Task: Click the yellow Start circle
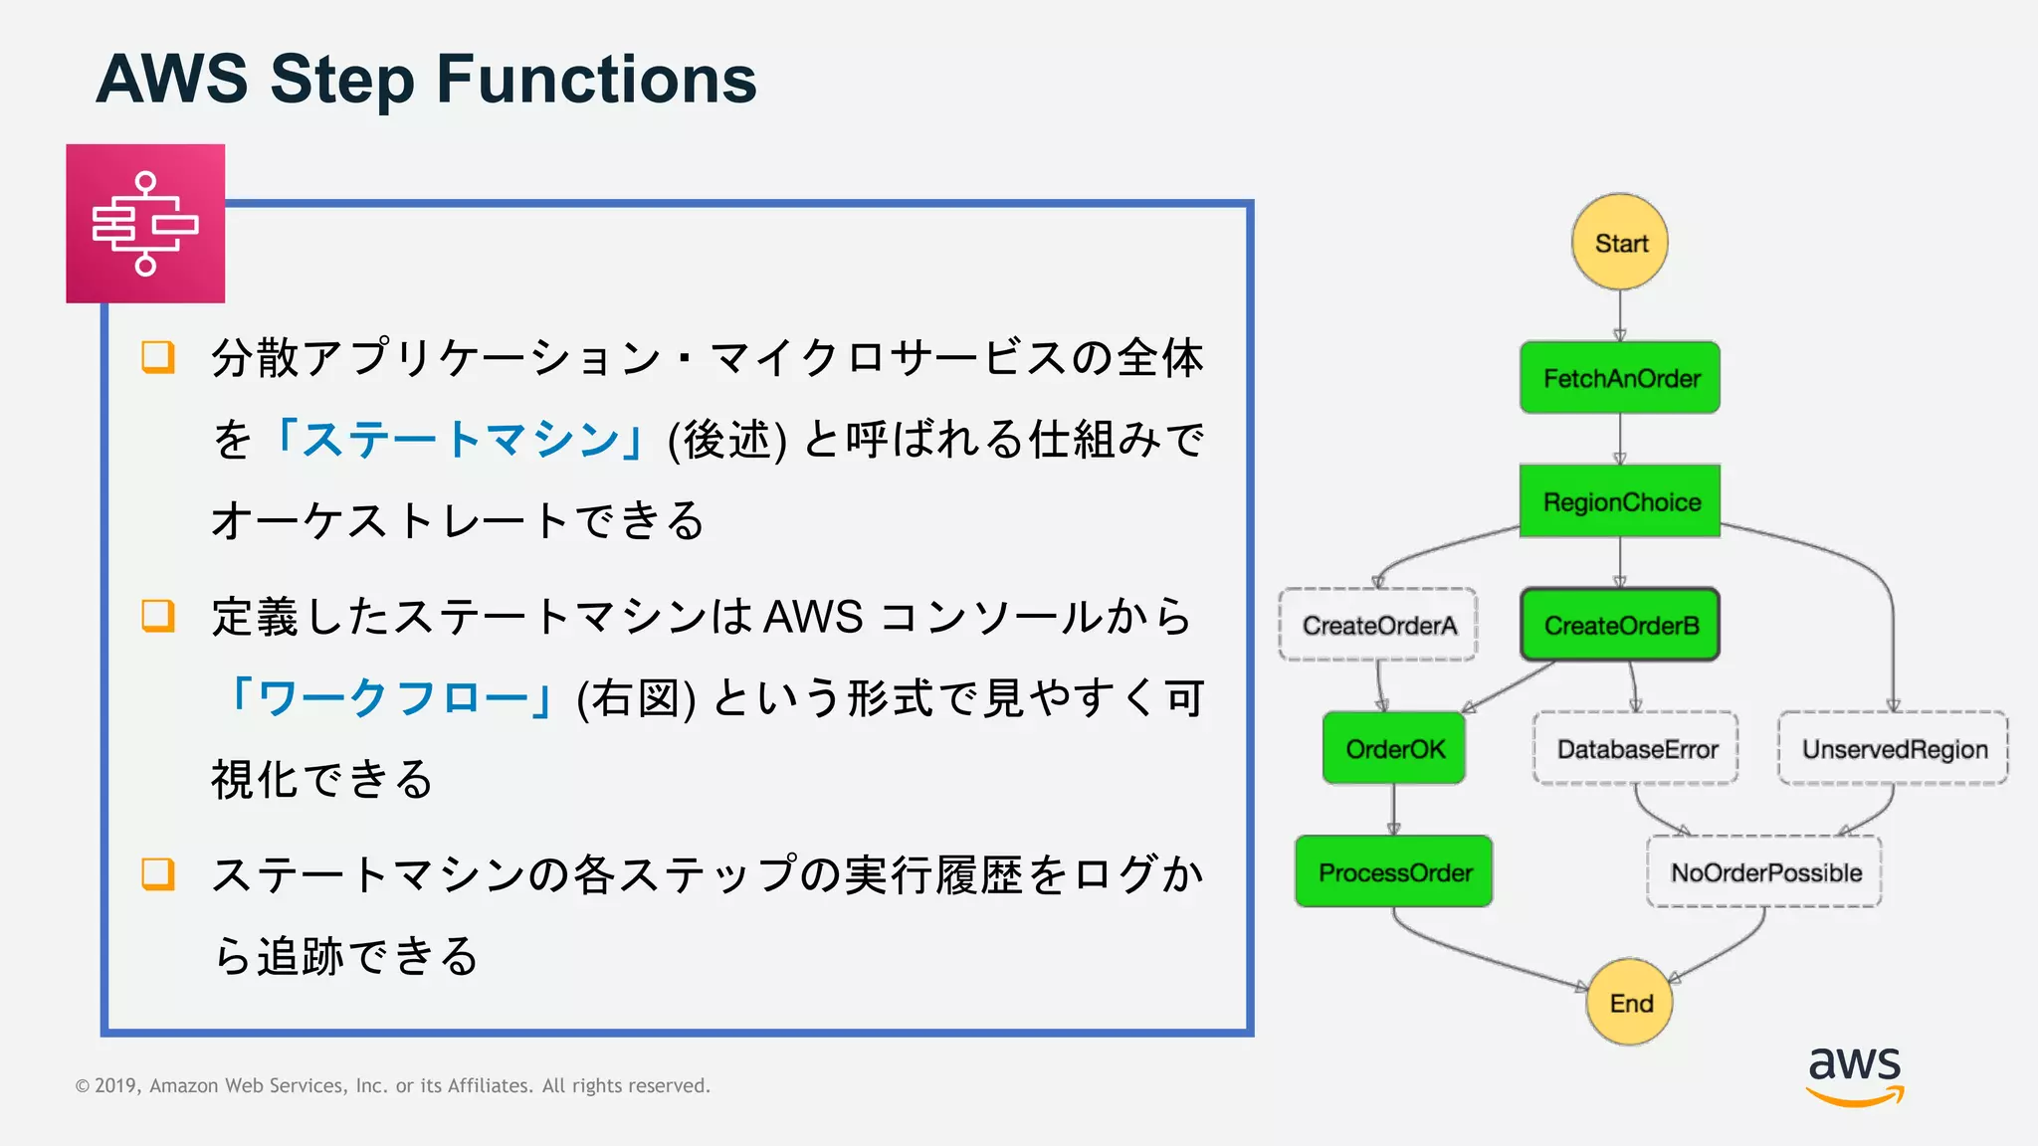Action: coord(1620,243)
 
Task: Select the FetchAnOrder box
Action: coord(1620,378)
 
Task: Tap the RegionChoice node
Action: coord(1620,501)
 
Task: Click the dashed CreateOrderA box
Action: coord(1378,625)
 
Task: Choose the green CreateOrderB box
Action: coord(1620,625)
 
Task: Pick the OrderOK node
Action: coord(1394,748)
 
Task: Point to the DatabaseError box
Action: coord(1636,748)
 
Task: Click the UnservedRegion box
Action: coord(1894,748)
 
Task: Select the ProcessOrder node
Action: coord(1394,871)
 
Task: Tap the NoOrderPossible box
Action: coord(1764,871)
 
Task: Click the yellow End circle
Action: coord(1630,1002)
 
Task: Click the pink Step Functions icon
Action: coord(145,224)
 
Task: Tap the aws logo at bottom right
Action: coord(1855,1075)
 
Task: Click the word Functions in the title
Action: coord(596,80)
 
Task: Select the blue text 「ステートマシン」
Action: coord(459,440)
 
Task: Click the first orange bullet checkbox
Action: coord(158,357)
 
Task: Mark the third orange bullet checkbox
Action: coord(158,874)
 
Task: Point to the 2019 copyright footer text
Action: coord(392,1085)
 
